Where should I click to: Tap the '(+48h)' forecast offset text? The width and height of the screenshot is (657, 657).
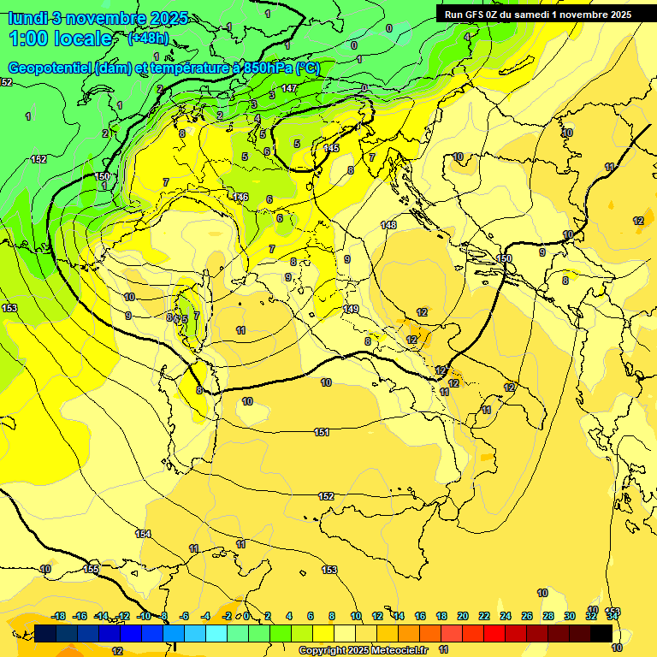click(x=148, y=38)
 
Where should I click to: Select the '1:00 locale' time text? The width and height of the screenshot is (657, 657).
click(x=60, y=38)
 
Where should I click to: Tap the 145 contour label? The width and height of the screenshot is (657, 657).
click(x=331, y=148)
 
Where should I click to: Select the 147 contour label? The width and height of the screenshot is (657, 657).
click(x=289, y=88)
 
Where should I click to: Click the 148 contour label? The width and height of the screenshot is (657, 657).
click(x=389, y=225)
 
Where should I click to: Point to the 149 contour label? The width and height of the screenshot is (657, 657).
click(x=351, y=309)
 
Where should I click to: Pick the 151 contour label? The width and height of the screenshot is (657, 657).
click(x=322, y=433)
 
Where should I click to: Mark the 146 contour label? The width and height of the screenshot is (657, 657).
click(x=240, y=198)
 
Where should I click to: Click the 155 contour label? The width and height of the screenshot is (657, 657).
click(x=92, y=569)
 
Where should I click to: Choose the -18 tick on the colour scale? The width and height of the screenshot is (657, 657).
click(x=58, y=616)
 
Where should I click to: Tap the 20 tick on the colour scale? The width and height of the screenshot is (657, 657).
click(x=462, y=616)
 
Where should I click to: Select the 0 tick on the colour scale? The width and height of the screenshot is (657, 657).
click(x=246, y=616)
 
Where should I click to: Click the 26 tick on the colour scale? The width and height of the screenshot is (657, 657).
click(x=526, y=616)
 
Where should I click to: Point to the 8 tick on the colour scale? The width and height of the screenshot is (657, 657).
click(x=333, y=616)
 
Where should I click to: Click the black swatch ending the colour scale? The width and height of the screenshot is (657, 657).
click(x=601, y=633)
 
